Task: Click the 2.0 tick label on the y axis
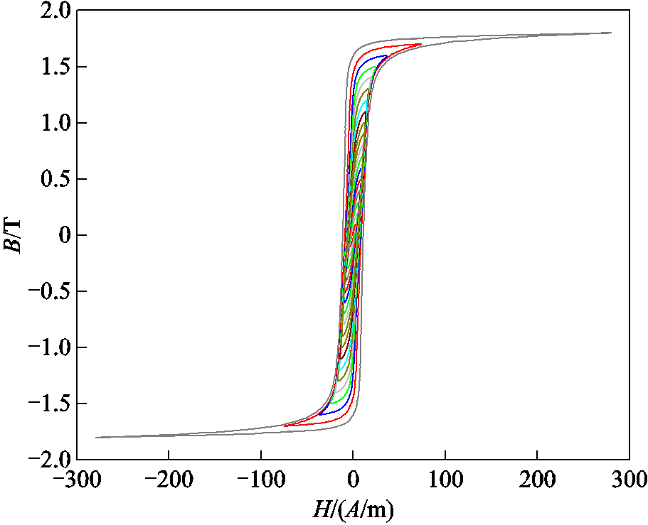coord(53,12)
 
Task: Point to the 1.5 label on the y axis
coord(53,67)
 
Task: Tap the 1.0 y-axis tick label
coord(53,124)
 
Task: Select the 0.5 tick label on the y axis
coord(53,180)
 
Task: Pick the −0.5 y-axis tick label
coord(48,291)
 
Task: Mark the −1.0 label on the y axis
coord(48,347)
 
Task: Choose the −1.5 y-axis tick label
coord(48,404)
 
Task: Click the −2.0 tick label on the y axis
coord(48,459)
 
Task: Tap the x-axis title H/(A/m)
coord(353,509)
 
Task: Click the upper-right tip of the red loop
coord(421,44)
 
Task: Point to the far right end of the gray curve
coord(611,33)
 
